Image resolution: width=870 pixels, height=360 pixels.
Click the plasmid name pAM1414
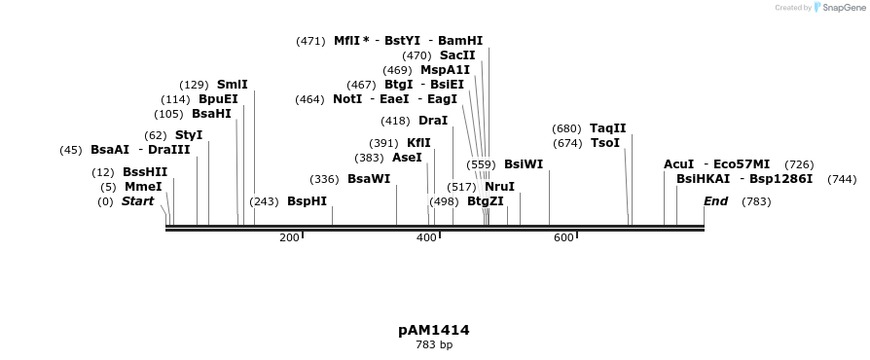pos(434,330)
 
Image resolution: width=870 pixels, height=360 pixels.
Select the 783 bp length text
pos(434,344)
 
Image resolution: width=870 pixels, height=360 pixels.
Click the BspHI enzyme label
pos(307,201)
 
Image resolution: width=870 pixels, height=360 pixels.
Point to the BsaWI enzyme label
pos(369,179)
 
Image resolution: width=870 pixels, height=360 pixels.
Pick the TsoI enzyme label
pos(604,143)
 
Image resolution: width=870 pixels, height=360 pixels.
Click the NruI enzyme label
pos(499,187)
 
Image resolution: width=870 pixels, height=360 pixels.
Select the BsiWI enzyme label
pos(524,164)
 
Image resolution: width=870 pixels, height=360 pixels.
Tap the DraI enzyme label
pos(433,121)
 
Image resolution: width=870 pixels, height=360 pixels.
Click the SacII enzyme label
pos(457,55)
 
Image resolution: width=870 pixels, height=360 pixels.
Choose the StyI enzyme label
pos(189,135)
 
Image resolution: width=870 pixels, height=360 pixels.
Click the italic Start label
pos(137,201)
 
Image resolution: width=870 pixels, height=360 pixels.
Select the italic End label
pos(715,201)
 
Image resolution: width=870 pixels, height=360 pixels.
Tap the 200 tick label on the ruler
pos(289,237)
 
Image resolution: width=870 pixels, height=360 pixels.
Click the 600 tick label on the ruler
pos(563,237)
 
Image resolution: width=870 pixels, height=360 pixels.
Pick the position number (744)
pos(842,179)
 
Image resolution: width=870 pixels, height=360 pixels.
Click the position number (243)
pos(264,201)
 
